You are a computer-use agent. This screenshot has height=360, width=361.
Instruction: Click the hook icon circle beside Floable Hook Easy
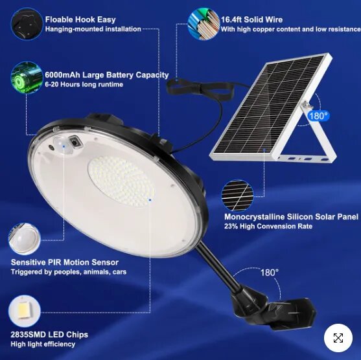click(27, 24)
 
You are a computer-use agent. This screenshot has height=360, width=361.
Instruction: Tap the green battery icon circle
click(27, 78)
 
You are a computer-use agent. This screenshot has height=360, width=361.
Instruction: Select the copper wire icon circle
click(204, 24)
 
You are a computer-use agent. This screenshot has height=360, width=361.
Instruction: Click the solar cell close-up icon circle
click(237, 196)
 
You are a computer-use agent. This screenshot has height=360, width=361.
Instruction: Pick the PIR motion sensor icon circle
click(25, 239)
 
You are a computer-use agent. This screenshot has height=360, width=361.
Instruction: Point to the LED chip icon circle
click(25, 311)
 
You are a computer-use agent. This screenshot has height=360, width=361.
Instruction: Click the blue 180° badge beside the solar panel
click(318, 116)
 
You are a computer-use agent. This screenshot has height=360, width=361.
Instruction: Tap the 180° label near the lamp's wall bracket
click(270, 273)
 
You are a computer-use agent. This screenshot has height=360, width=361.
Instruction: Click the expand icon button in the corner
click(338, 338)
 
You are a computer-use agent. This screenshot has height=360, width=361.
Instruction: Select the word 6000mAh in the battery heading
click(62, 75)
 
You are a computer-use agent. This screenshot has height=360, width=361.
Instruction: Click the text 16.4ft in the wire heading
click(231, 19)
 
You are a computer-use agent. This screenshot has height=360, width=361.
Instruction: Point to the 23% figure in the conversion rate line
click(231, 226)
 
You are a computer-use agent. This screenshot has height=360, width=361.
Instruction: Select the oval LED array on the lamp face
click(121, 181)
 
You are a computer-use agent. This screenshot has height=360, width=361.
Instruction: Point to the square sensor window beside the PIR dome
click(75, 142)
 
